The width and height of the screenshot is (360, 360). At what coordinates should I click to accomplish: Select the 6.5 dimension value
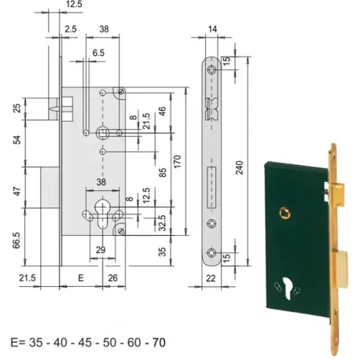tap(98, 53)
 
